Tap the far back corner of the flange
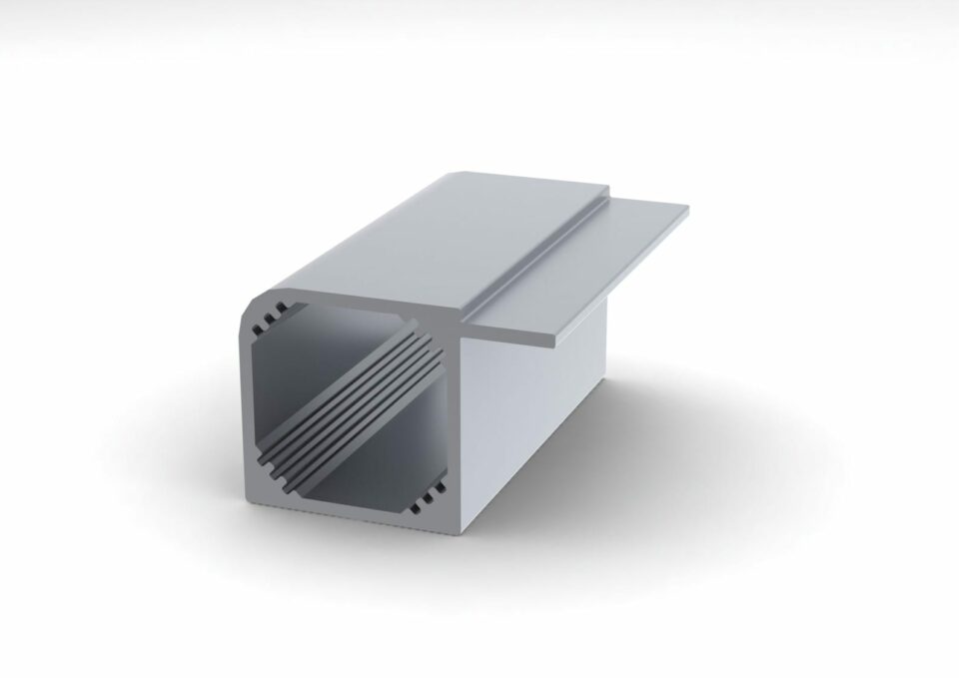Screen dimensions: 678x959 688,209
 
